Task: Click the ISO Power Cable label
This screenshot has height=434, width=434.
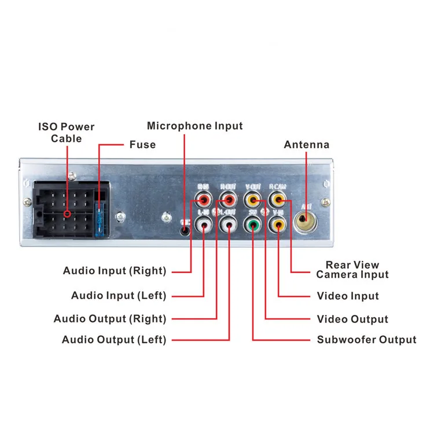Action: point(66,132)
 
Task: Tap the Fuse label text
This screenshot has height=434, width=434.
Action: point(142,145)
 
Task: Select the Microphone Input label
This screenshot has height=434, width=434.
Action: point(195,126)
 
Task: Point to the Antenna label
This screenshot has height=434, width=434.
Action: point(306,145)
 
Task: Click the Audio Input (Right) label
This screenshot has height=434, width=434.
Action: point(115,271)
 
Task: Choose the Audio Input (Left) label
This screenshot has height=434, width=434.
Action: point(119,296)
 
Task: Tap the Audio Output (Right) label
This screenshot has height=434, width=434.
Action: point(110,319)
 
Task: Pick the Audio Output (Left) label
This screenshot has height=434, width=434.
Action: point(114,340)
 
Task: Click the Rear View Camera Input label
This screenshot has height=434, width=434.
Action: point(352,270)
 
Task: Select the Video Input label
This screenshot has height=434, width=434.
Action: point(348,296)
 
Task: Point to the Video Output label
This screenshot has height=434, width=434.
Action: point(352,319)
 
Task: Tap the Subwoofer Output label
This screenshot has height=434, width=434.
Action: point(366,340)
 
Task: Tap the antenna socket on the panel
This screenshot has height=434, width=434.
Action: point(305,220)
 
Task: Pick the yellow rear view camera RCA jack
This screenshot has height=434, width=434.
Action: point(278,201)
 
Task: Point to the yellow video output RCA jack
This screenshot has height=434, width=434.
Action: point(253,201)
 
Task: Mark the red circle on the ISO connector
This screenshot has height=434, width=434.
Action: point(68,214)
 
